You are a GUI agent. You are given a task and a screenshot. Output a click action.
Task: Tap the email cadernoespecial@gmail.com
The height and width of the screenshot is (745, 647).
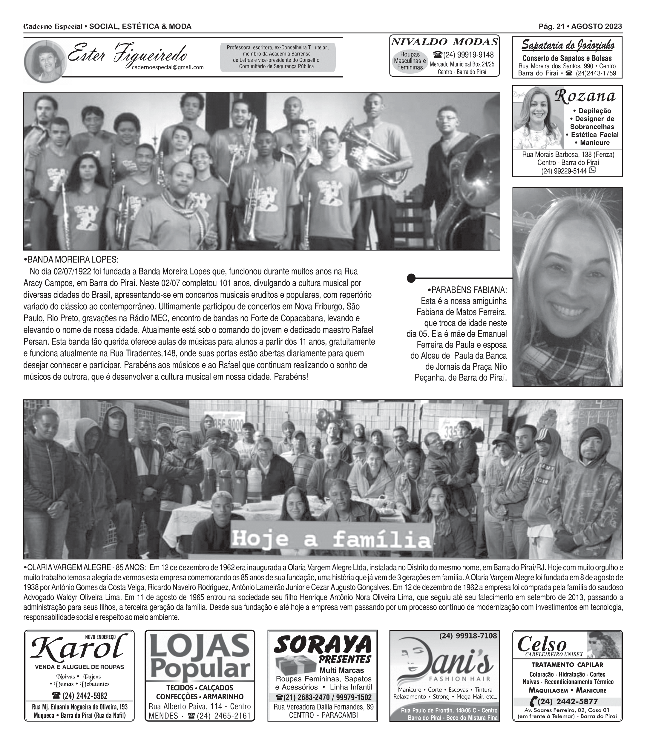tap(168, 67)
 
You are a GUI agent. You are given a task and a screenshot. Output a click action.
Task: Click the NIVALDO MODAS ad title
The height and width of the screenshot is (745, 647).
tap(444, 42)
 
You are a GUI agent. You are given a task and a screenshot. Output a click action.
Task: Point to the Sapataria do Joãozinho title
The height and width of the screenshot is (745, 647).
tap(568, 46)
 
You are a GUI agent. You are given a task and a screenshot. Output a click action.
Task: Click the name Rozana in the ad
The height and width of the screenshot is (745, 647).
tap(585, 96)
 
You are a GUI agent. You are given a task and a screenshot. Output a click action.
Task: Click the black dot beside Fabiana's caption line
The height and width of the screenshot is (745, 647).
tap(411, 278)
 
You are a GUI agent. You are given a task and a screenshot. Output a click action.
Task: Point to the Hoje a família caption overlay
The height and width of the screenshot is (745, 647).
tap(332, 539)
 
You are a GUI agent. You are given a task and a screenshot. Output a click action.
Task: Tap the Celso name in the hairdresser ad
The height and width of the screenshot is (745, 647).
tap(542, 644)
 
